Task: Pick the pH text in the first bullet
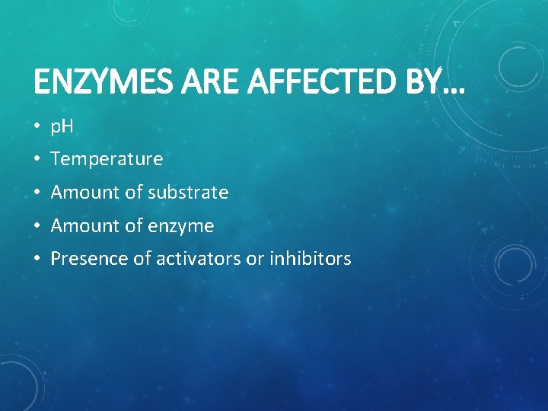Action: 62,126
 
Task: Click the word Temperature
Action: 107,159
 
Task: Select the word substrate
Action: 188,193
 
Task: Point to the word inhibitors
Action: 310,259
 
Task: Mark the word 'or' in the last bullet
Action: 254,260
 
